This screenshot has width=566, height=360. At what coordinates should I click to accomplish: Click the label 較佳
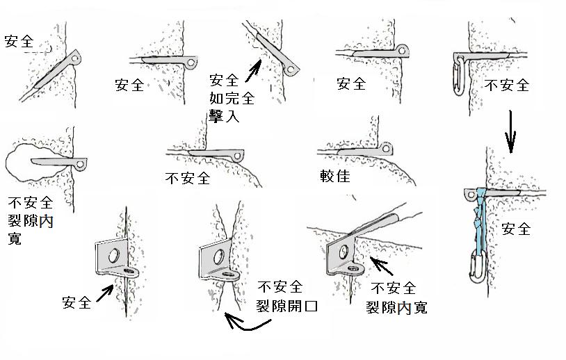pyautogui.click(x=335, y=176)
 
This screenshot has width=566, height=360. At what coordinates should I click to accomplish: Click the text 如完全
pyautogui.click(x=226, y=99)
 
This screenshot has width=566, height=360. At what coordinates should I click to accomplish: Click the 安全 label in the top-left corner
pyautogui.click(x=19, y=40)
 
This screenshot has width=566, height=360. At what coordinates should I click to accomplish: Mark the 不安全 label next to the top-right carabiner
pyautogui.click(x=506, y=85)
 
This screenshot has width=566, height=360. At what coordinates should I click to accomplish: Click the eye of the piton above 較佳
pyautogui.click(x=385, y=147)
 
